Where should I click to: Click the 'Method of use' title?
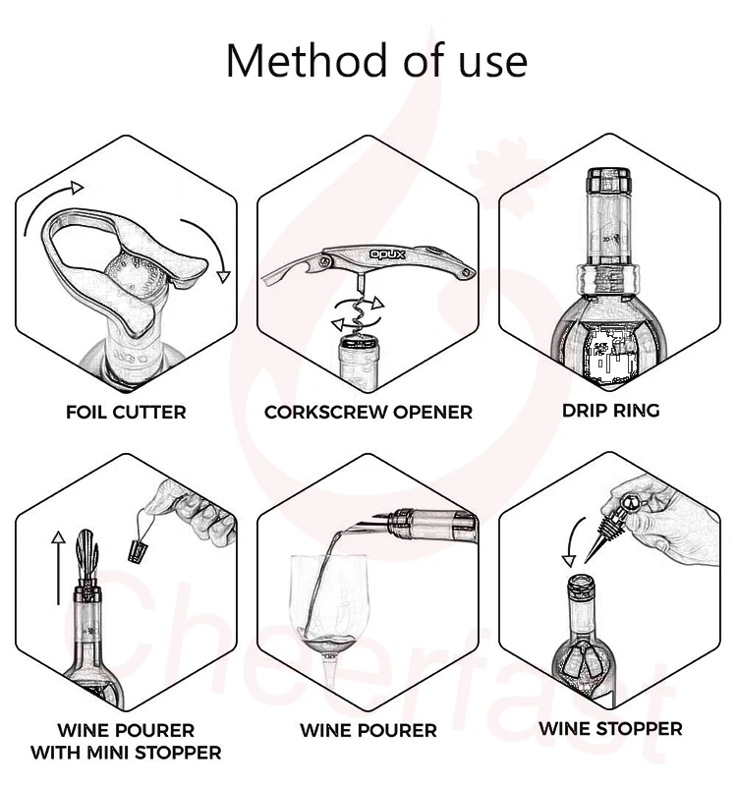pyautogui.click(x=376, y=61)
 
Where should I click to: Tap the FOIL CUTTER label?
pyautogui.click(x=126, y=412)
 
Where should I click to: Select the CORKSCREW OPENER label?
pyautogui.click(x=368, y=412)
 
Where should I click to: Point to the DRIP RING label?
pyautogui.click(x=610, y=411)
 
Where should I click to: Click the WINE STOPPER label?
pyautogui.click(x=610, y=728)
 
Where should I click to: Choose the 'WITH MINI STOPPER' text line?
pyautogui.click(x=126, y=753)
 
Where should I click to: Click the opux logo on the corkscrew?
pyautogui.click(x=387, y=254)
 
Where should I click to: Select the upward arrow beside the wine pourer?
pyautogui.click(x=59, y=568)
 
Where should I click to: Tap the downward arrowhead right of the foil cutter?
pyautogui.click(x=223, y=276)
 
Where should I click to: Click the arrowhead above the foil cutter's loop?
pyautogui.click(x=77, y=188)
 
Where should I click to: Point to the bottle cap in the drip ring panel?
pyautogui.click(x=608, y=181)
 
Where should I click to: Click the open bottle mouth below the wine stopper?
pyautogui.click(x=581, y=583)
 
